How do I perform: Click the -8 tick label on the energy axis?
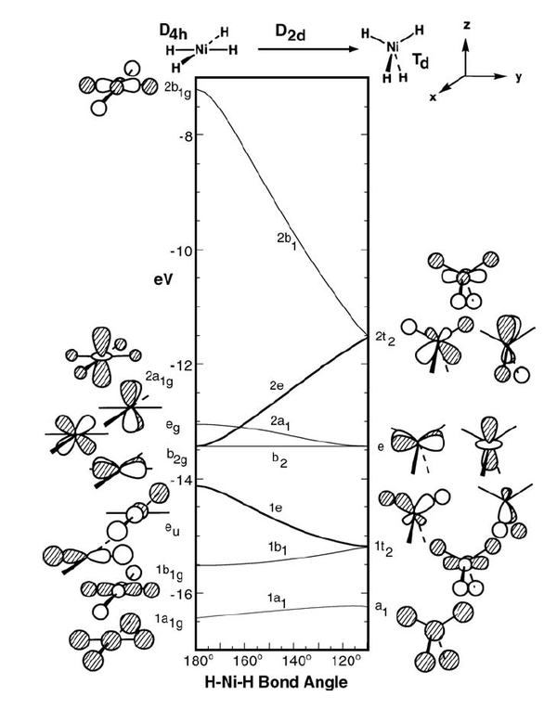[182, 135]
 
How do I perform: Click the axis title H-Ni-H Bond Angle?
[277, 682]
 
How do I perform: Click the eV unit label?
[163, 279]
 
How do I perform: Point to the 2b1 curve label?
[287, 242]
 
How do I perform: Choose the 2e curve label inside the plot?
[277, 386]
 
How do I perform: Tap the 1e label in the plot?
[276, 508]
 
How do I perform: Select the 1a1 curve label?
[278, 600]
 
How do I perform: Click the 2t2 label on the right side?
[385, 339]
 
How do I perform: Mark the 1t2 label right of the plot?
[382, 549]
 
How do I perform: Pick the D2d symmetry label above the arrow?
[290, 32]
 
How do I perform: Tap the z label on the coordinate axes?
[467, 25]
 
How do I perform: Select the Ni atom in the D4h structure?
[201, 50]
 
